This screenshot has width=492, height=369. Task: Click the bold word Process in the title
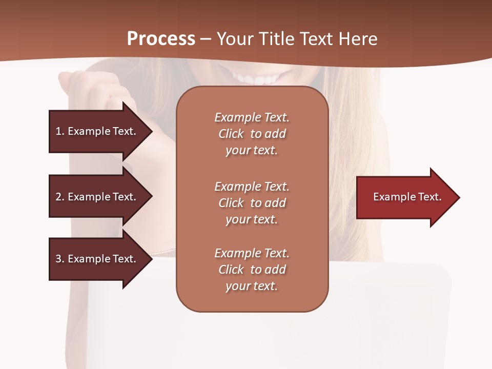click(161, 39)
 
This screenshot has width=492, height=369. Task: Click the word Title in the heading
click(276, 39)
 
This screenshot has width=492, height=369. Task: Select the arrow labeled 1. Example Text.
click(96, 131)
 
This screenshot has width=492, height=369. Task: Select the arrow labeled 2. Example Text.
click(96, 197)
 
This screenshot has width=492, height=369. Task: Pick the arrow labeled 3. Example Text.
click(96, 259)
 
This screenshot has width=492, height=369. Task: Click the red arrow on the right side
click(405, 197)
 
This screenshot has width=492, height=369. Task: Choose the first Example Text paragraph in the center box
click(252, 134)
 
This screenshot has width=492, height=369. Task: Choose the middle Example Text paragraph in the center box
click(252, 202)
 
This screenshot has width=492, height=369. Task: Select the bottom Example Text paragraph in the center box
click(252, 270)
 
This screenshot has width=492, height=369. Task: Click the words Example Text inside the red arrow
click(407, 197)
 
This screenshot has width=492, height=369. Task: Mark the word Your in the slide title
click(234, 39)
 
